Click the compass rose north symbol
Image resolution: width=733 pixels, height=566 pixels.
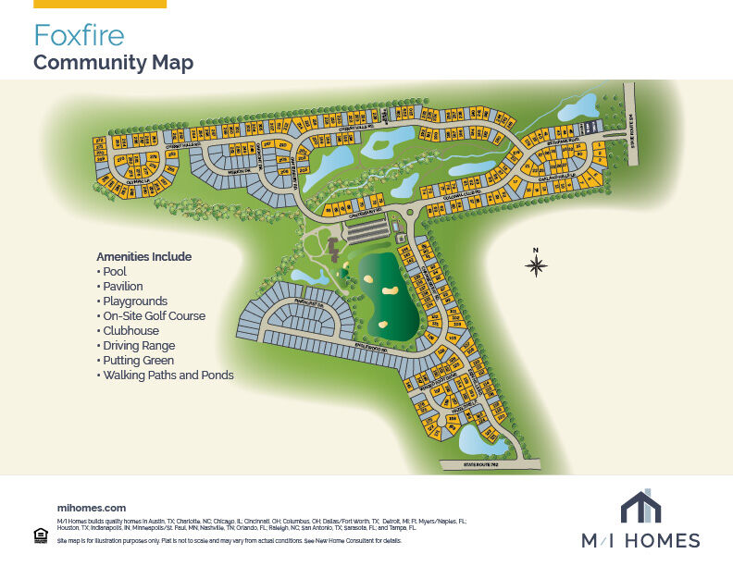536,265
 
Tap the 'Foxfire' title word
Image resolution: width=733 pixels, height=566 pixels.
79,35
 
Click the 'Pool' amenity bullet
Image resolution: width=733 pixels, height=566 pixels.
115,272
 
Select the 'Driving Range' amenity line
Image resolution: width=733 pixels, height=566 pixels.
139,346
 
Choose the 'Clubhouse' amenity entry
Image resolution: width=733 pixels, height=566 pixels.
130,331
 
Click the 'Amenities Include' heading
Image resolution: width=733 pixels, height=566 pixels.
143,256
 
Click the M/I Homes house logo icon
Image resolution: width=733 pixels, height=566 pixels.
640,508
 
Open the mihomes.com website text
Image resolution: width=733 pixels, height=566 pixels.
91,508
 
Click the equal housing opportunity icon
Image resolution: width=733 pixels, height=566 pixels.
40,535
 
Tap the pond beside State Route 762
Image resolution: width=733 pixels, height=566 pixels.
483,440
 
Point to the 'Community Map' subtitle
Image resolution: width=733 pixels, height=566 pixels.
113,63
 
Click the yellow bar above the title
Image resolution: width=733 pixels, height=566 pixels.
100,4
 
